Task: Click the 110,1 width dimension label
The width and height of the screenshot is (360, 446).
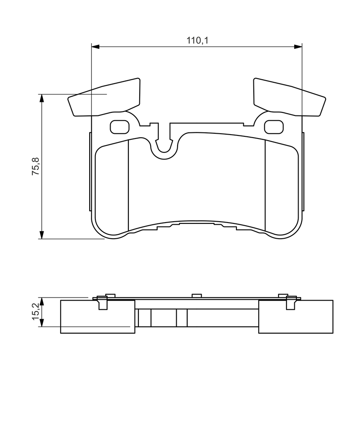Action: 197,41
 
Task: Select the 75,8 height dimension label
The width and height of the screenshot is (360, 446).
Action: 37,166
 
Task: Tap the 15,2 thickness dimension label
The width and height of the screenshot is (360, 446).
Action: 37,312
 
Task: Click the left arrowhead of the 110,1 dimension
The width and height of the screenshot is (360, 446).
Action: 95,47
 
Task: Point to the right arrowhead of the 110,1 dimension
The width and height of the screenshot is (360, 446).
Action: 298,47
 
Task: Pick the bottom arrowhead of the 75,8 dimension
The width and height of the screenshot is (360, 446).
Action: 42,235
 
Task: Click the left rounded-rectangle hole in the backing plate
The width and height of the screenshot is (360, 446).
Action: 119,127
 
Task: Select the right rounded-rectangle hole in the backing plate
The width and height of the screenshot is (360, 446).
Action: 274,127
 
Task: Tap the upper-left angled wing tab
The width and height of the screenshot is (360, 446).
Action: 104,97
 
